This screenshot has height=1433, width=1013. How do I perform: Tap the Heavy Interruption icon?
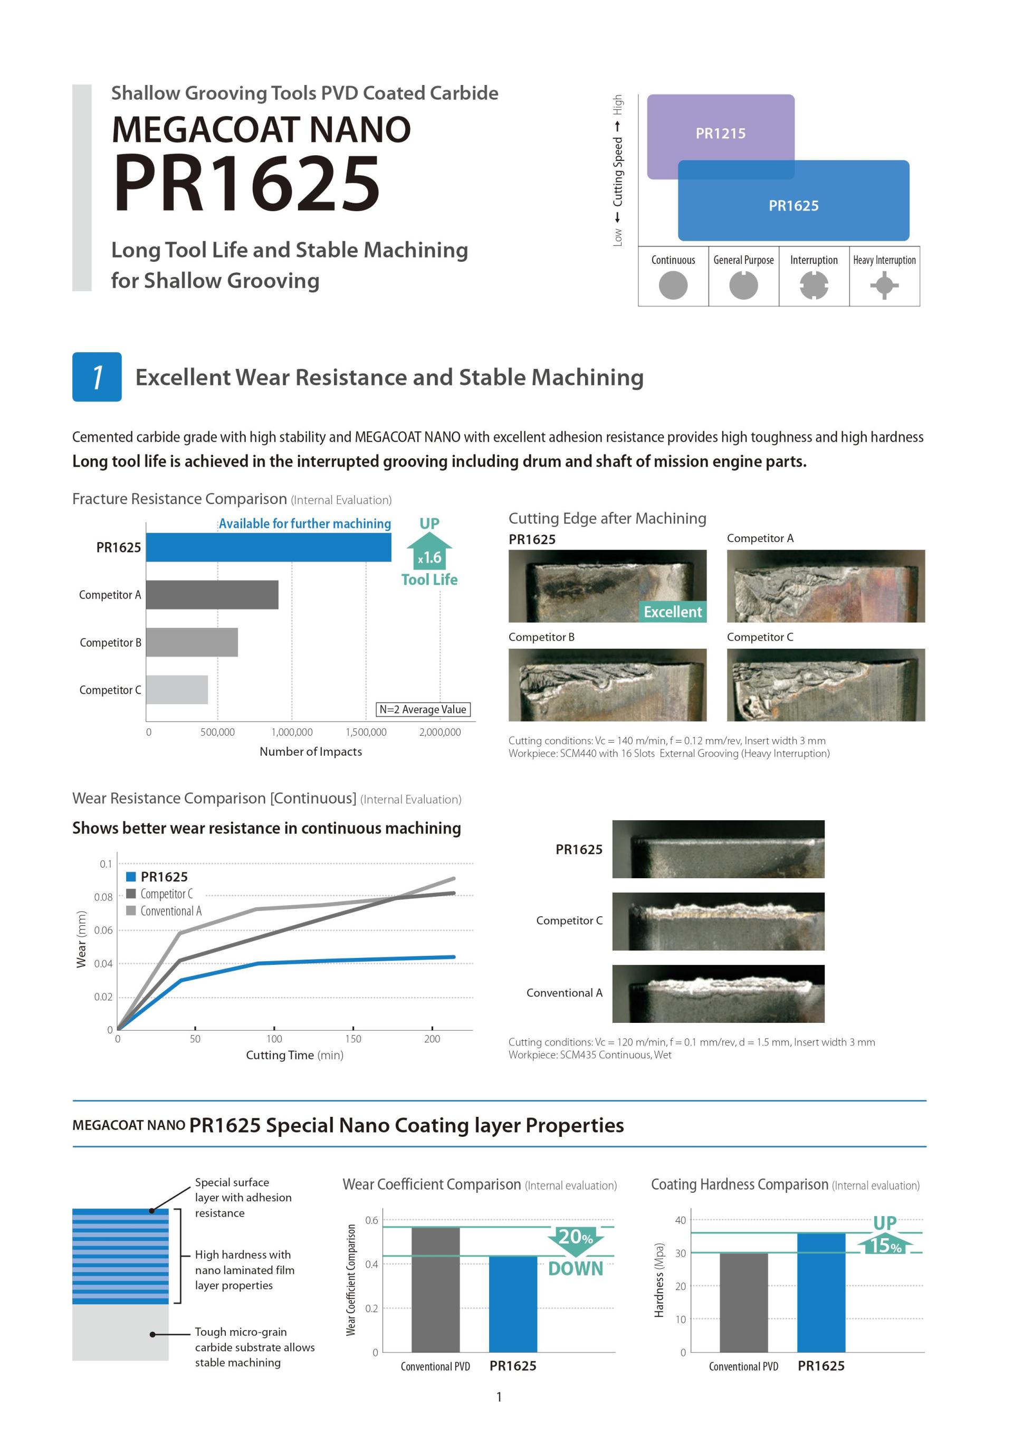[x=884, y=286]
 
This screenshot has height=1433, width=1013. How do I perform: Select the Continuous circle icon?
[x=673, y=286]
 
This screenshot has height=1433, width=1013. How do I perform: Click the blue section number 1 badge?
[x=97, y=377]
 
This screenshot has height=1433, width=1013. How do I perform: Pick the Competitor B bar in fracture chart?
[x=192, y=642]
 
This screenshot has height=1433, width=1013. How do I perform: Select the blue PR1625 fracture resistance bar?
[x=268, y=547]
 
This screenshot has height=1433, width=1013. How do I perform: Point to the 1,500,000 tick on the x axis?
[x=366, y=732]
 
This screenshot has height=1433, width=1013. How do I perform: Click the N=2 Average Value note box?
[x=423, y=709]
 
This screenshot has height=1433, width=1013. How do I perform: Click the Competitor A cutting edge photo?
[x=825, y=586]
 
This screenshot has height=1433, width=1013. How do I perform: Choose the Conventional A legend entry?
[x=164, y=911]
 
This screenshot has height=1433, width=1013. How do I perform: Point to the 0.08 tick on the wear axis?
[x=103, y=897]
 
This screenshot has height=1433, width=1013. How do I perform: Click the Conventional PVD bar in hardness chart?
[x=743, y=1302]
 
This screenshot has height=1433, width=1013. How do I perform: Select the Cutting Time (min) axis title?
[x=294, y=1056]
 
